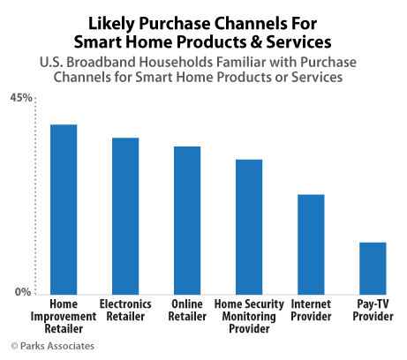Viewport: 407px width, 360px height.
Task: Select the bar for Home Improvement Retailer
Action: point(64,208)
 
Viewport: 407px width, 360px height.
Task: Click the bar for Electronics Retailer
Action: point(125,215)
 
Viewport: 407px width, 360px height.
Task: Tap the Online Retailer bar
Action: point(187,220)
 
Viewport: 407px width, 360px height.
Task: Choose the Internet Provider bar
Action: point(311,244)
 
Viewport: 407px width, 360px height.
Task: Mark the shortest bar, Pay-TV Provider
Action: point(373,267)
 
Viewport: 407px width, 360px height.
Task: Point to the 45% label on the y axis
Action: point(20,98)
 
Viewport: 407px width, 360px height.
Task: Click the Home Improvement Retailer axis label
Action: point(64,316)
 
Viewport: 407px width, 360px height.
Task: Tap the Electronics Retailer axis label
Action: point(125,310)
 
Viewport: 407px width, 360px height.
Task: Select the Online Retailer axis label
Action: point(187,310)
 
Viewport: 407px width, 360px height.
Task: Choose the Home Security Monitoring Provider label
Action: point(249,316)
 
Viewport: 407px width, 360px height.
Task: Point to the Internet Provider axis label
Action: point(311,310)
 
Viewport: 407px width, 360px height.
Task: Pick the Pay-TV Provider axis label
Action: point(373,310)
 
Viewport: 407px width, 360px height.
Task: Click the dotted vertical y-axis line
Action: point(34,194)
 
